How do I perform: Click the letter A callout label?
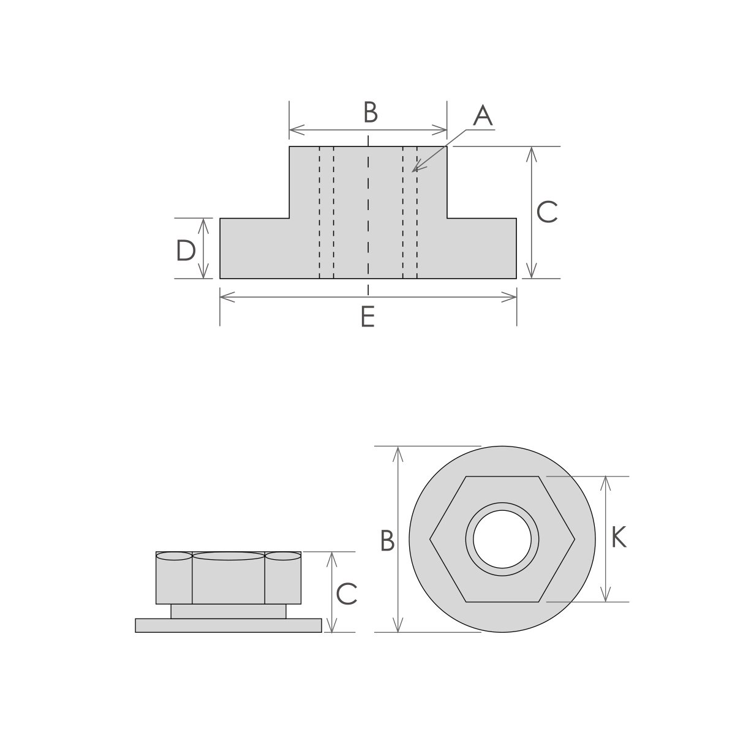[483, 115]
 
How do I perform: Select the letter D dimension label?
[186, 251]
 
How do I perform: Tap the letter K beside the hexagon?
[619, 538]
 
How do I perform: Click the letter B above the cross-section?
[370, 113]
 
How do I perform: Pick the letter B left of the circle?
[386, 541]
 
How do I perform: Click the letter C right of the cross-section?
[546, 213]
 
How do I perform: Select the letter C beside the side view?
[347, 594]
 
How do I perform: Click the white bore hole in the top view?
[502, 539]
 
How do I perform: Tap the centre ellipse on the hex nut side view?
[228, 556]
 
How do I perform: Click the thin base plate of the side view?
[228, 625]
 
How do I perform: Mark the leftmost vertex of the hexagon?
[430, 539]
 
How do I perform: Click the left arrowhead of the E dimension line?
[222, 298]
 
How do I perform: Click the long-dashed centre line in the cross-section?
[368, 214]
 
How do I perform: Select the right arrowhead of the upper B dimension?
[445, 129]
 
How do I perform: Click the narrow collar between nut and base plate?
[228, 611]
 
